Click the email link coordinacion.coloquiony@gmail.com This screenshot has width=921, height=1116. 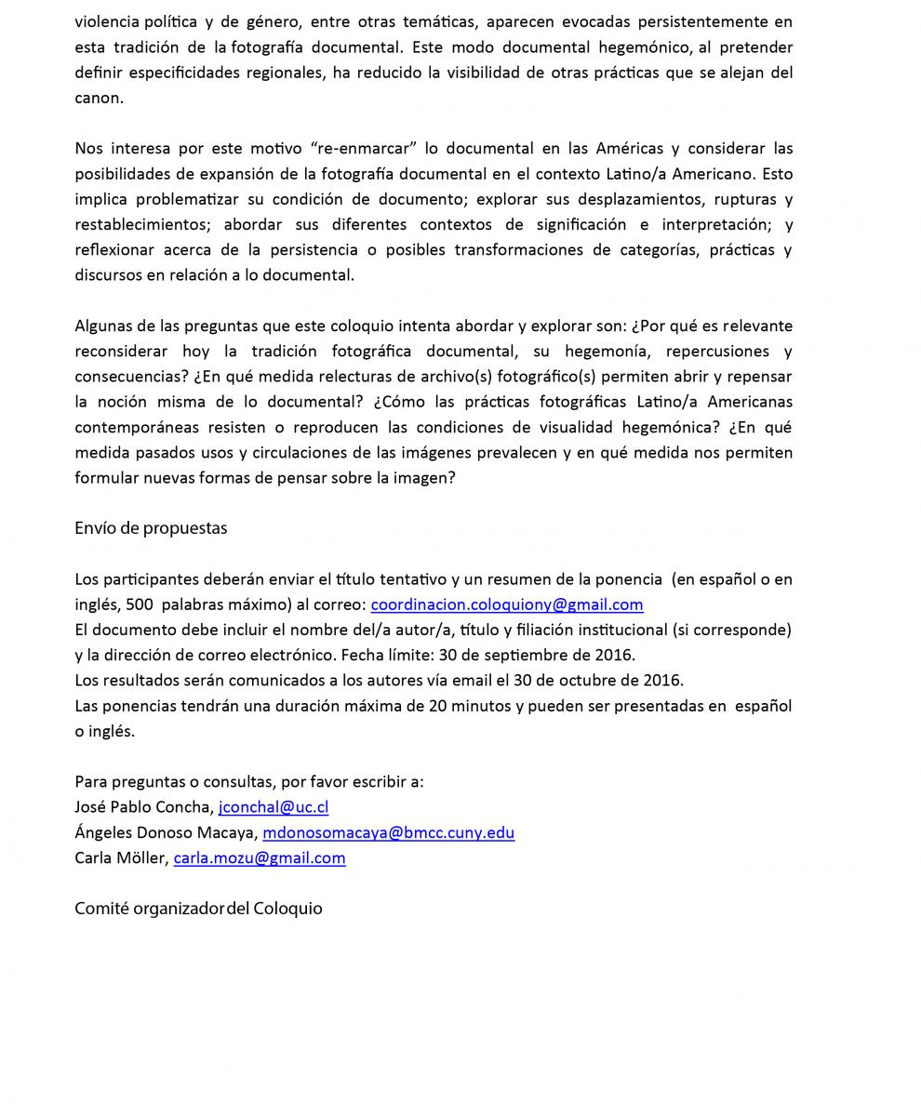pyautogui.click(x=507, y=604)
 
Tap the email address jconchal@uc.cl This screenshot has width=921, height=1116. pyautogui.click(x=274, y=807)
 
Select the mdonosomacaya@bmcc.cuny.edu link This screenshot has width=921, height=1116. pyautogui.click(x=388, y=832)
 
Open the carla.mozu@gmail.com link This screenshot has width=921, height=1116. pyautogui.click(x=260, y=857)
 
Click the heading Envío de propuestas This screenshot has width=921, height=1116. pyautogui.click(x=151, y=528)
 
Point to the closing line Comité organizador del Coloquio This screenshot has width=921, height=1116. pyautogui.click(x=198, y=909)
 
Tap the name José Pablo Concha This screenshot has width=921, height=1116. pyautogui.click(x=143, y=807)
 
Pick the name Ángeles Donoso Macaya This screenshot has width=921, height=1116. pyautogui.click(x=165, y=832)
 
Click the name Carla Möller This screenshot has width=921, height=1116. pyautogui.click(x=121, y=857)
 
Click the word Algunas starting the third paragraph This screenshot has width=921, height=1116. pyautogui.click(x=103, y=326)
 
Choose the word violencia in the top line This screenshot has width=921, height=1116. pyautogui.click(x=107, y=21)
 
